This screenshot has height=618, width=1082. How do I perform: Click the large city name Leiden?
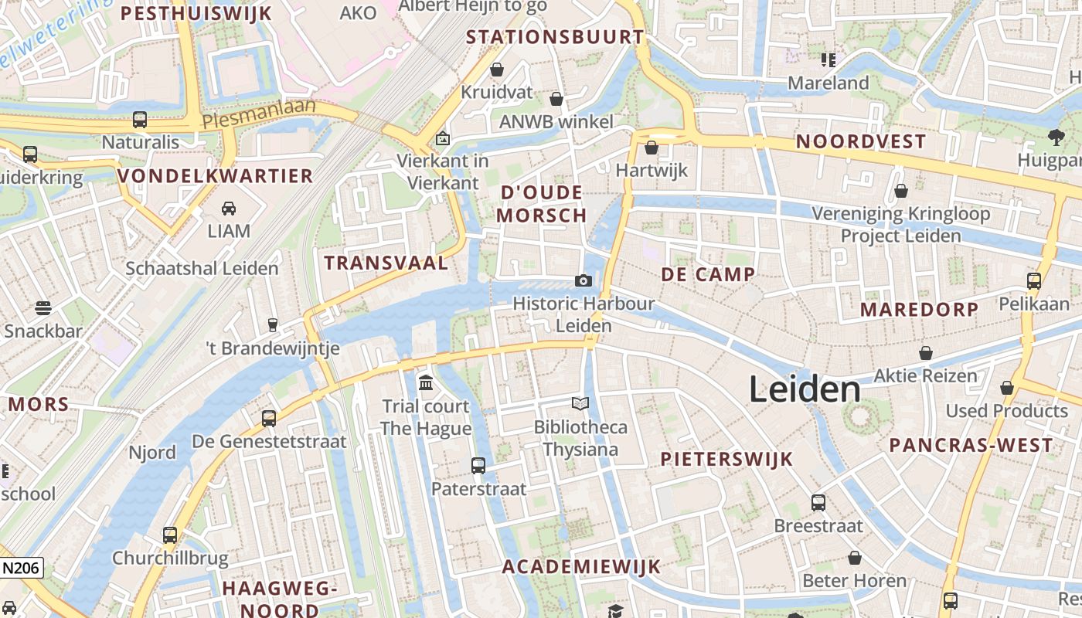pos(805,390)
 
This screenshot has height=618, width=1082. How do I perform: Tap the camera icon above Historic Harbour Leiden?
pos(584,280)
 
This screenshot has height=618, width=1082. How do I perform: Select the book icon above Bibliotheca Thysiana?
pos(580,403)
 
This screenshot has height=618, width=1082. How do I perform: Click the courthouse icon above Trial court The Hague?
pos(425,382)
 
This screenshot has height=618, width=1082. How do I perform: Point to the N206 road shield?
pos(20,569)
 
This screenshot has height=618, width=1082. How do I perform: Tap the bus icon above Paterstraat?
pos(478,465)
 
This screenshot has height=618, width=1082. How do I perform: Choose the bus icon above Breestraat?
pos(818,503)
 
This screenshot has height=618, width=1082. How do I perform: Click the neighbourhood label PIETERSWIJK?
pos(726,459)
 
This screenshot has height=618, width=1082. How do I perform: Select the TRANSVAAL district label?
pos(386,263)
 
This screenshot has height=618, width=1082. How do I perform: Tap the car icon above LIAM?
pos(229,208)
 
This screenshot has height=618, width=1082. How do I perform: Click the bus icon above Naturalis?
pos(140,120)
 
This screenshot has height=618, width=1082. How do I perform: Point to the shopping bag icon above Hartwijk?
pos(652,148)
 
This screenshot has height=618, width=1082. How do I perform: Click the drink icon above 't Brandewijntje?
pos(272,324)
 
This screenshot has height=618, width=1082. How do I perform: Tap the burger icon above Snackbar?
pos(43,308)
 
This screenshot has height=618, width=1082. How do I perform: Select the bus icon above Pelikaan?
pos(1034,280)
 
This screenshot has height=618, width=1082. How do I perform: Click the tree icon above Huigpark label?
pos(1056,138)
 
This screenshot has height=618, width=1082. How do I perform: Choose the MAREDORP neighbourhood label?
pos(919,310)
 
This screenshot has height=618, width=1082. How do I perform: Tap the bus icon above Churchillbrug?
pos(170,535)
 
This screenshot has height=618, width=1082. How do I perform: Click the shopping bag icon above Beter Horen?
pos(855,557)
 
